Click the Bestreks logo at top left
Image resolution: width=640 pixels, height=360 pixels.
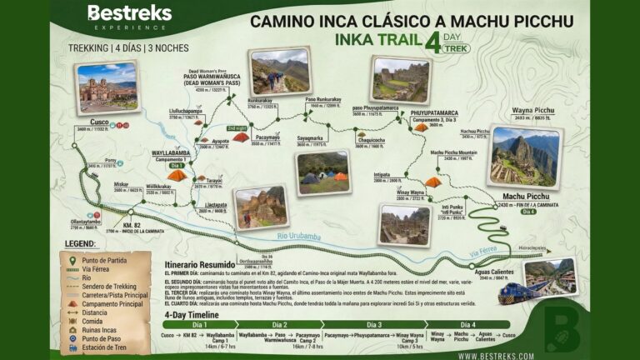click(x=129, y=16)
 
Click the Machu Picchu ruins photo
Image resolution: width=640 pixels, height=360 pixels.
click(x=524, y=156)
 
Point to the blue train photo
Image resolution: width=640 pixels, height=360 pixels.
click(x=550, y=278)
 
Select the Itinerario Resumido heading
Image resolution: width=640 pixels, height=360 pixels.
click(x=201, y=263)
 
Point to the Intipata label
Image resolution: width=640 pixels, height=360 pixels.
click(x=384, y=176)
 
